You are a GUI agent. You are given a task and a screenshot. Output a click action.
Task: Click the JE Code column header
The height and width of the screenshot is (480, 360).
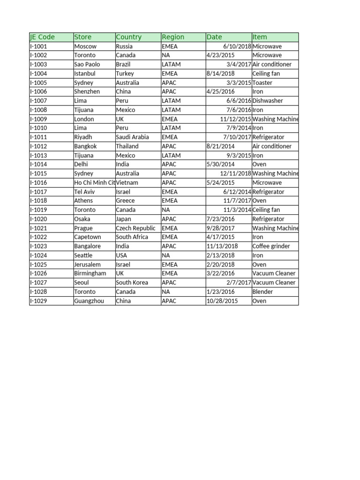42,37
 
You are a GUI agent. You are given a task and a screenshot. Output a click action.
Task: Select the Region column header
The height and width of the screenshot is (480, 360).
173,37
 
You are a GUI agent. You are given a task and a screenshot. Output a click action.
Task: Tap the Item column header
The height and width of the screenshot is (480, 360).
260,37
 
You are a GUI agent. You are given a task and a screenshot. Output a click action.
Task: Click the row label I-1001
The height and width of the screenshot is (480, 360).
38,46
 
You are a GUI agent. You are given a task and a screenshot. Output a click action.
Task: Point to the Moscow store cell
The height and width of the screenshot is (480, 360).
85,46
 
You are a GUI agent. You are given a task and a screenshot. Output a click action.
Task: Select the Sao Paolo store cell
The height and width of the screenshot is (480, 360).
87,65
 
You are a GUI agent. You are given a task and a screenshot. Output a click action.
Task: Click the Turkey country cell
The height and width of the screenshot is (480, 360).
125,74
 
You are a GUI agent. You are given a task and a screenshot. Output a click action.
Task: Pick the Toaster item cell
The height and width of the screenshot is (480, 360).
262,83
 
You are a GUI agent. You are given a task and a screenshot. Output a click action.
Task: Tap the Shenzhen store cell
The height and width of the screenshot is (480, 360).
87,92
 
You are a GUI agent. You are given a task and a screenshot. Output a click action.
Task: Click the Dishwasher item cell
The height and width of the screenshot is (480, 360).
268,101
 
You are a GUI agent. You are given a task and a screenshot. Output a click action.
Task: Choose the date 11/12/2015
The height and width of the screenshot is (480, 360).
235,119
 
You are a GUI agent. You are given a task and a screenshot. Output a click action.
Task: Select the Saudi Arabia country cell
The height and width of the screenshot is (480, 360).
132,137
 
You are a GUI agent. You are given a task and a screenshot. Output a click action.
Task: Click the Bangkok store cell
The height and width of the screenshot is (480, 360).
85,146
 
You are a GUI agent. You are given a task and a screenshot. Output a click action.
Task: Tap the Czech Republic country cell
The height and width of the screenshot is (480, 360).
135,228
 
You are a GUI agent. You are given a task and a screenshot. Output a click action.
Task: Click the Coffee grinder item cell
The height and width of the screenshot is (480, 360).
271,246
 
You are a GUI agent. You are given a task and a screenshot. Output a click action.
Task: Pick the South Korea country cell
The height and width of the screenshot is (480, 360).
132,283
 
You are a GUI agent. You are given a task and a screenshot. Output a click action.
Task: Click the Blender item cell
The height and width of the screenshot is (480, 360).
262,292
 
